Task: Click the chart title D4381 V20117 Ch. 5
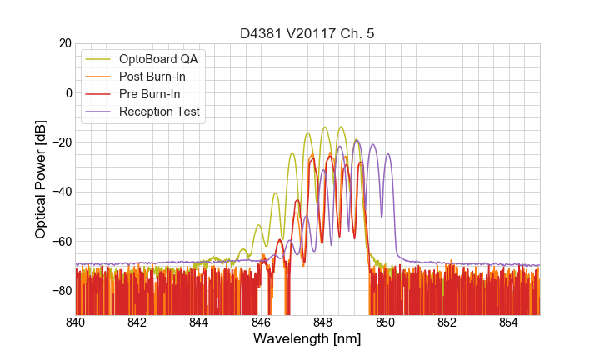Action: click(x=307, y=32)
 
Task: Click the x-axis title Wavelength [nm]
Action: click(x=307, y=339)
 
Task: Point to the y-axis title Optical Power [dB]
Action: click(x=41, y=178)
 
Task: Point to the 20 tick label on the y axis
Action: click(x=65, y=43)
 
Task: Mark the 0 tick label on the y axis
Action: click(x=68, y=92)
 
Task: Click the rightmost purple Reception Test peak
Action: click(x=387, y=154)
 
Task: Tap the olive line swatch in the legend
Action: click(x=99, y=59)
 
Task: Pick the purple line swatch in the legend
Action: click(x=99, y=112)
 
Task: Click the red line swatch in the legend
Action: click(x=99, y=94)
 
